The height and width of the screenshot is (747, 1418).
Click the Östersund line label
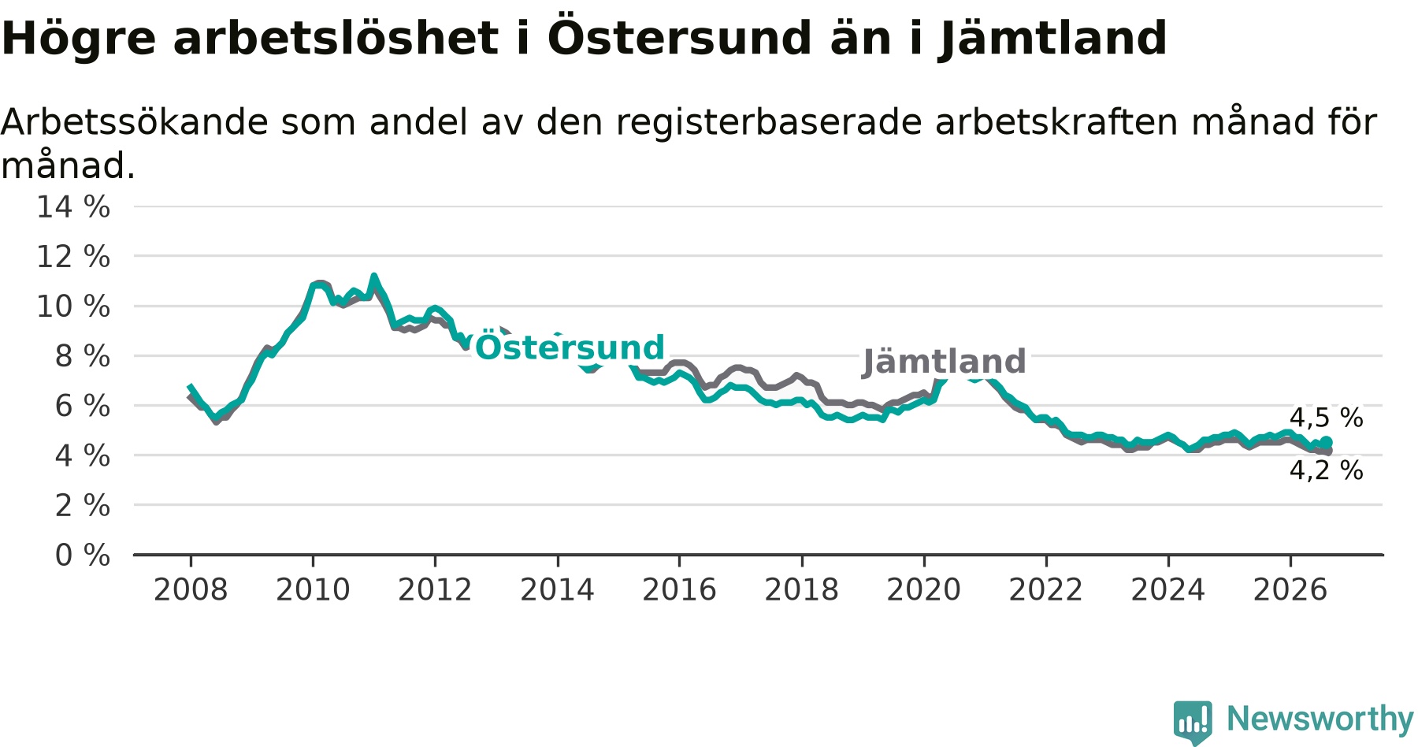570,347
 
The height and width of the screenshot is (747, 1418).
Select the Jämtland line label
944,362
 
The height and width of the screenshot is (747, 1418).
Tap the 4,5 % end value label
1326,418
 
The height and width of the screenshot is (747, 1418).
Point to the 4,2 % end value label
1326,470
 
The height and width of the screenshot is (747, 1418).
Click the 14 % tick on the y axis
73,207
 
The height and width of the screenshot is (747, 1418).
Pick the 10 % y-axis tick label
73,307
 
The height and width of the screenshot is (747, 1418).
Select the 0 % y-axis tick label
82,556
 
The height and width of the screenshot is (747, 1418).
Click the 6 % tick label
82,406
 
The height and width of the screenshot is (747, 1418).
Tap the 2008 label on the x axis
191,589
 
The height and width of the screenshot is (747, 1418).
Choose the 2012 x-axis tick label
435,589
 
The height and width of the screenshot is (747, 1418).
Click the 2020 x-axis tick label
924,589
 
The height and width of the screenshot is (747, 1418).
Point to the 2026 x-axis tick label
1290,589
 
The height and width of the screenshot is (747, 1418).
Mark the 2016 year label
679,589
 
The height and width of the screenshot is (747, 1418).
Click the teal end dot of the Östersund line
1327,442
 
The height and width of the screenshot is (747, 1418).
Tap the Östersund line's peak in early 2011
374,277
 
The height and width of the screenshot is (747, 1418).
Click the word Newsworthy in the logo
1320,719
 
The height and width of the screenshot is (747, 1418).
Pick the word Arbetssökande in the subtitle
134,122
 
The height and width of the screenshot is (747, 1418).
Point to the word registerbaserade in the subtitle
769,124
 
